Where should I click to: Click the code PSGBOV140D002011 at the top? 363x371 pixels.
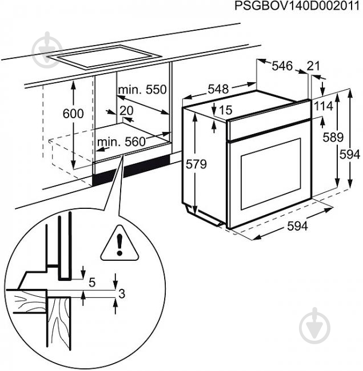coord(299,6)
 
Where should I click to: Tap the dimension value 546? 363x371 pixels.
coord(282,66)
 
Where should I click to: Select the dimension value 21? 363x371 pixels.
coord(313,66)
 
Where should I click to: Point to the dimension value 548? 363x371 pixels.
coord(218,89)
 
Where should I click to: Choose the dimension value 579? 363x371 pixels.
coord(196,164)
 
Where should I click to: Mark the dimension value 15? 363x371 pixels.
coord(226,110)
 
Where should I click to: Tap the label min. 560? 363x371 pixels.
coord(121,143)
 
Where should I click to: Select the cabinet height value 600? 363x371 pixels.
coord(73,114)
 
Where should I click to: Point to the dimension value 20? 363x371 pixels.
coord(126,110)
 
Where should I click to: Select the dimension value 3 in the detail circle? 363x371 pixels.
coord(121,294)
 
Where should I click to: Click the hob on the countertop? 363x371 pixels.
coord(109,56)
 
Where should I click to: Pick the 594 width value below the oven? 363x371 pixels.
coord(297,227)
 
